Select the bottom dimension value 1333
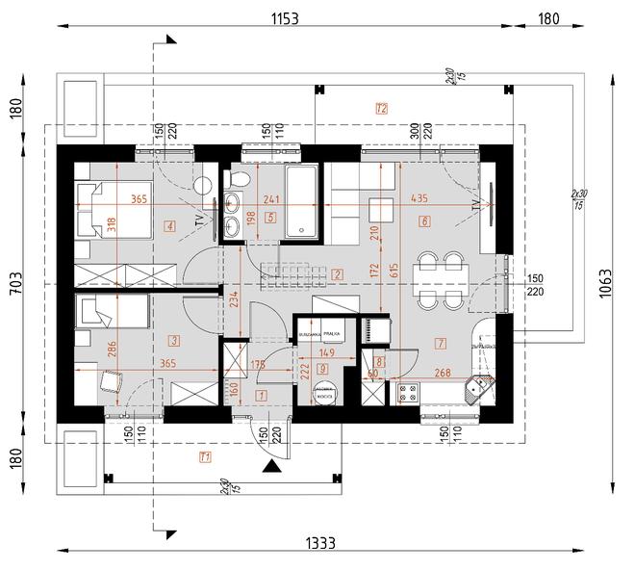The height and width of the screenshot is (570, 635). coord(320,543)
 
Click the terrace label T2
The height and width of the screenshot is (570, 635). coord(381,108)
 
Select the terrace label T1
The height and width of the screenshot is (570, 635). coord(203,455)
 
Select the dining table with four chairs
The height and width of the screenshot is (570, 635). coord(440,279)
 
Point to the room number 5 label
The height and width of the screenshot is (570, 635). coord(270,219)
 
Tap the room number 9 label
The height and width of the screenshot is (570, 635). coord(322,369)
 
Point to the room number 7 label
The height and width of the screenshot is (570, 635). coord(440,343)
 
